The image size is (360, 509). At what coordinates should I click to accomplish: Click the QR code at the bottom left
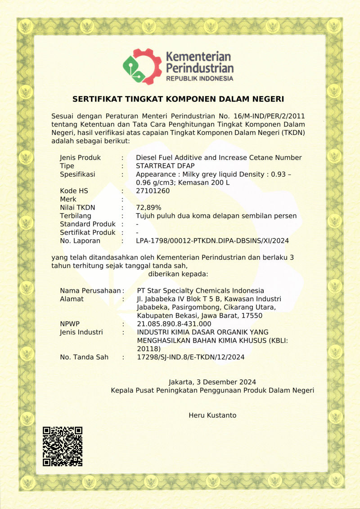point(63,446)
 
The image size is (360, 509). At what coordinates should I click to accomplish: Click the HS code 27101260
point(153,191)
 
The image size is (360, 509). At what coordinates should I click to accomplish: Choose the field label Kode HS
point(74,191)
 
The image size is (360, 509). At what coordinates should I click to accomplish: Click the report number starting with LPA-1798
point(212,241)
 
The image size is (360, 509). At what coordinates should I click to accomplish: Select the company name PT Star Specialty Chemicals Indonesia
point(200,290)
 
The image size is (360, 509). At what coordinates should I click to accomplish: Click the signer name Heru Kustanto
point(212,415)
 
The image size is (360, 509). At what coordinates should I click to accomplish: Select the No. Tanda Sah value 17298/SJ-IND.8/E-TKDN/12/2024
point(190,357)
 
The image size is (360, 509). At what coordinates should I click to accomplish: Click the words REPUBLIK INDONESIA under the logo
point(200,79)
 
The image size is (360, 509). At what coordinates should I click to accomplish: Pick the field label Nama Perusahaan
point(90,290)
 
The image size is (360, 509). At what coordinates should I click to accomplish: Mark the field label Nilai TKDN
point(77,207)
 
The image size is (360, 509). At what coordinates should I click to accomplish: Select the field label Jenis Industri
point(81,332)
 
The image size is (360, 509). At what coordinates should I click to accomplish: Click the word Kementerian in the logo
point(198,57)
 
